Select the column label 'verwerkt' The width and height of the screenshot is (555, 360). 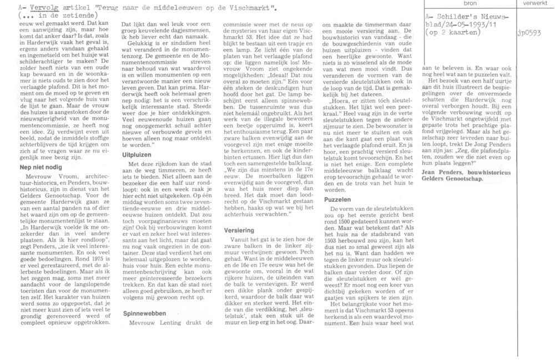535,4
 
